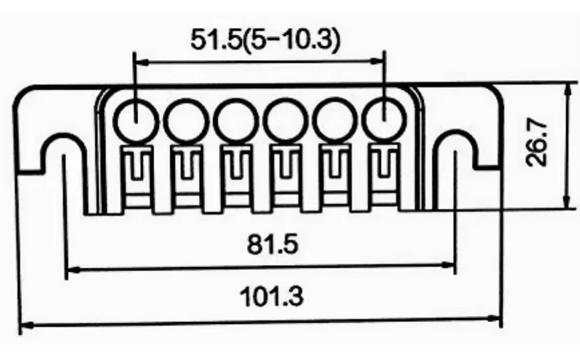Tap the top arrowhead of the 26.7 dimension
click(567, 89)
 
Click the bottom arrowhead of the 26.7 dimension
click(567, 204)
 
